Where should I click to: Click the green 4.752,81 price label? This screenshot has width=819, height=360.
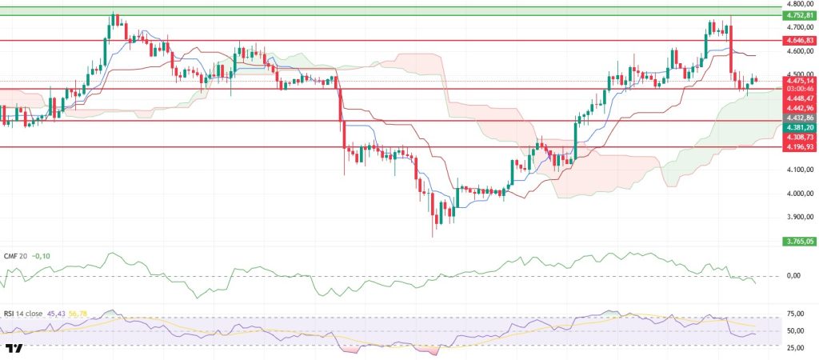coord(799,15)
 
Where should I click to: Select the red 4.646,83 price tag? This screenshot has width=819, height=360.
coord(799,39)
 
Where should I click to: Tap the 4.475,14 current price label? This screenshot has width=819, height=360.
coord(799,80)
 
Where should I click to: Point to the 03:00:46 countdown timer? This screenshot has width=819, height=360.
coord(799,89)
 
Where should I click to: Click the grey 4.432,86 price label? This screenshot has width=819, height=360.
coord(799,118)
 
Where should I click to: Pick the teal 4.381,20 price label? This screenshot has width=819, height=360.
coord(799,127)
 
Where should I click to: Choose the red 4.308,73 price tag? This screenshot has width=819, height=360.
coord(799,137)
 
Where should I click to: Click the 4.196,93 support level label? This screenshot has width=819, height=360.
coord(799,146)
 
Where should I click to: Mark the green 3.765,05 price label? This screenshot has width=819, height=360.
coord(799,240)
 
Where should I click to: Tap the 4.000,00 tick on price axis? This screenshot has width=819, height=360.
coord(799,194)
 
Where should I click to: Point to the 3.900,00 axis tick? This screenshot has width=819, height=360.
coord(799,218)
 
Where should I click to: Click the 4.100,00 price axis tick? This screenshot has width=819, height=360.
coord(799,170)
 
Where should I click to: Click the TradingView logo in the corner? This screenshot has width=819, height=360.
coord(13,349)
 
